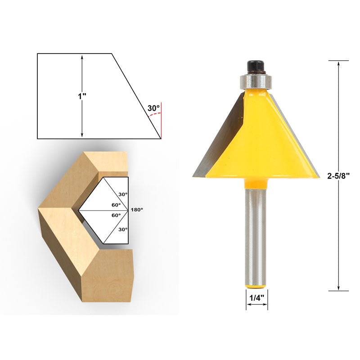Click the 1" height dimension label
tap(82, 96)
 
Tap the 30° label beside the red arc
tap(153, 108)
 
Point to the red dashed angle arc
tap(154, 114)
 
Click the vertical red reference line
tap(161, 121)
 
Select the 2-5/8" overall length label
tap(338, 175)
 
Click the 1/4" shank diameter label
tap(256, 298)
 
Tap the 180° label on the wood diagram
tap(137, 210)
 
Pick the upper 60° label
tap(116, 205)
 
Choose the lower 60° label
tap(116, 216)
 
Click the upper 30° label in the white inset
tap(123, 194)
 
